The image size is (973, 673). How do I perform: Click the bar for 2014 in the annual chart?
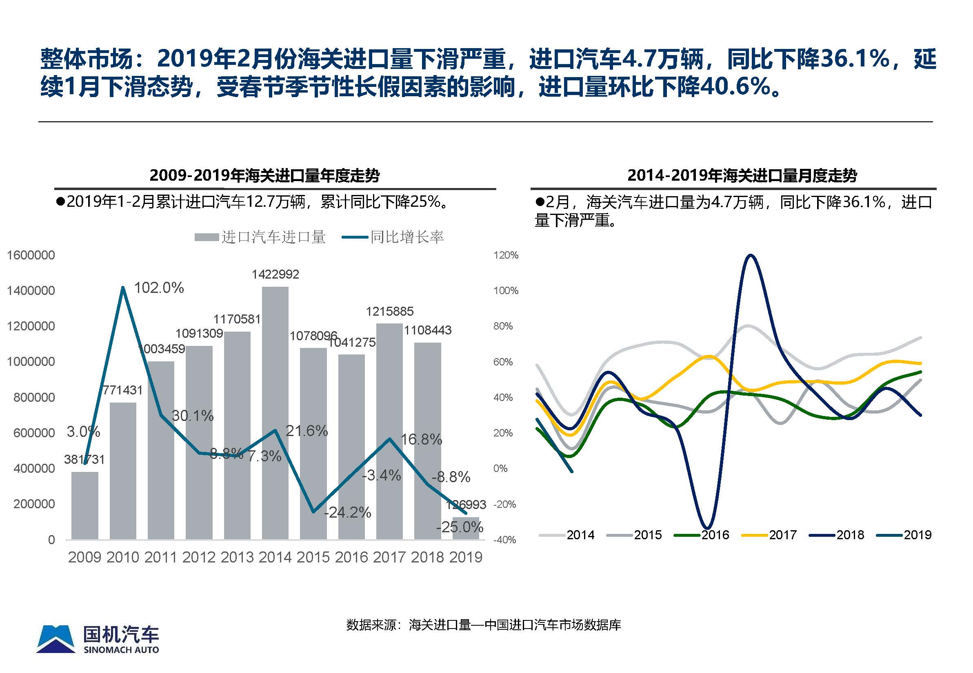[275, 413]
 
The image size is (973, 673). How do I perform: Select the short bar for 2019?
[466, 528]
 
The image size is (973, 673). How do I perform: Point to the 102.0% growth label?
[159, 288]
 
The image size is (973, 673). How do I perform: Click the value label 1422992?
[275, 275]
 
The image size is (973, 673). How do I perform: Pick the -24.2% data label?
[347, 512]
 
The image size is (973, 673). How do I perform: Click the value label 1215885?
[389, 311]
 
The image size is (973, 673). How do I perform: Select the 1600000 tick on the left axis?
[31, 255]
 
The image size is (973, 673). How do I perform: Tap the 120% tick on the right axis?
[506, 255]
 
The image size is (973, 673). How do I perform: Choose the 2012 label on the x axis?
[199, 558]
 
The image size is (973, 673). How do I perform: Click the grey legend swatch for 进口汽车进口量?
[207, 237]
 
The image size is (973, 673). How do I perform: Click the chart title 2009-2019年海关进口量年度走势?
[264, 175]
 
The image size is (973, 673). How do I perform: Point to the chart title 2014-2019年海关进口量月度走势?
[742, 175]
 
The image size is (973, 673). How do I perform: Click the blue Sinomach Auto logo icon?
[56, 639]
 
